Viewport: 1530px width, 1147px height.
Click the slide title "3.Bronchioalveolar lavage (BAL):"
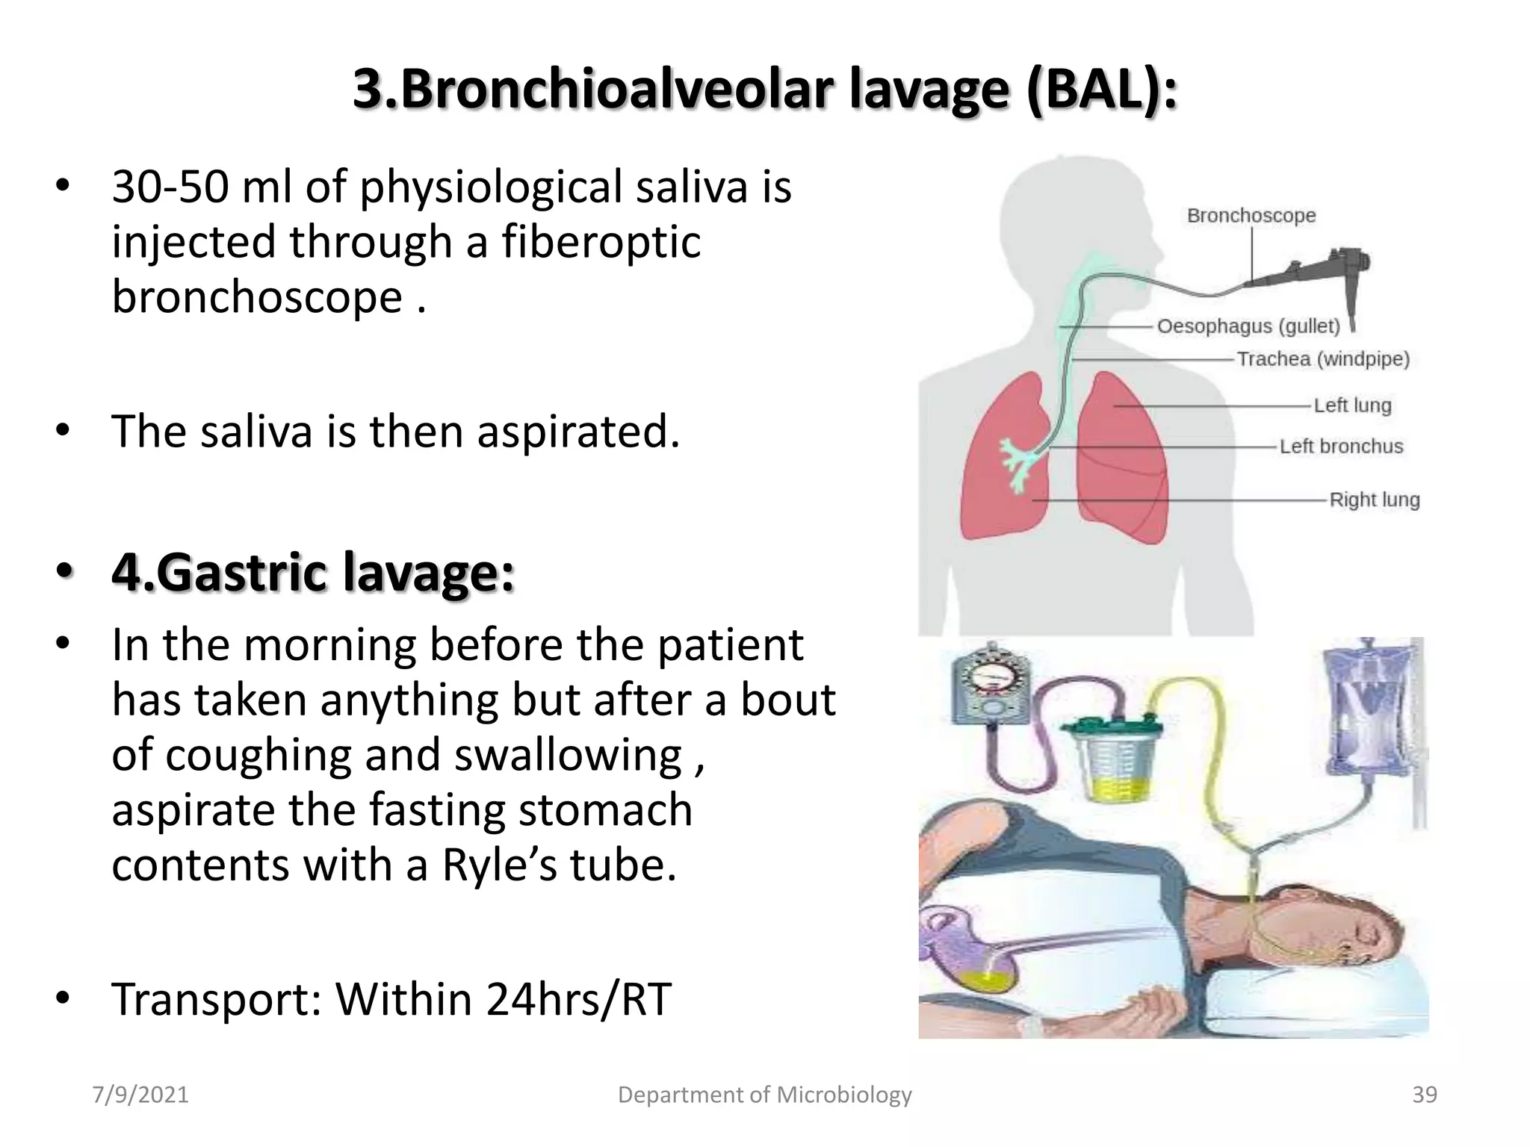coord(764,88)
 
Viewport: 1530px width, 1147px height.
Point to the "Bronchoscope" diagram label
coord(1251,216)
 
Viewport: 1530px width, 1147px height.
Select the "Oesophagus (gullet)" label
coord(1248,326)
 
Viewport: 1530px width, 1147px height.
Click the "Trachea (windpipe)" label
coord(1323,359)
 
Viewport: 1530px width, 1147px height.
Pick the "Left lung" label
coord(1352,405)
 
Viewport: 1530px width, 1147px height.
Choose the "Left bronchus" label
coord(1341,447)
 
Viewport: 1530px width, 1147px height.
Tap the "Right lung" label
coord(1374,500)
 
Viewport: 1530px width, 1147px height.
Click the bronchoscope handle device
coord(1337,273)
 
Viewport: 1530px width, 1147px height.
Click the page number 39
coord(1425,1095)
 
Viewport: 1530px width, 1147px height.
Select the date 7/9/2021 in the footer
coord(140,1095)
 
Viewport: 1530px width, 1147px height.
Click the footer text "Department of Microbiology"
coord(764,1095)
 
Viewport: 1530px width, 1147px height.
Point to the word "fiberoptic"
coord(601,242)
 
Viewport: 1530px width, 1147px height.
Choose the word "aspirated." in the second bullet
coord(578,432)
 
